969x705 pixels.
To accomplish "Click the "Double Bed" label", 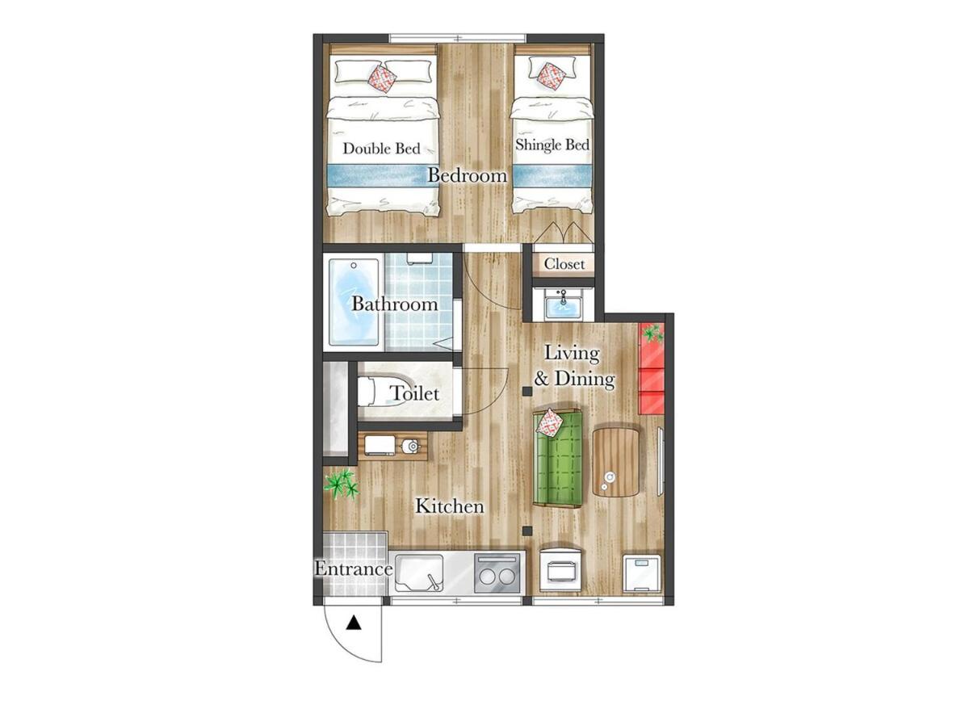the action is (x=381, y=149).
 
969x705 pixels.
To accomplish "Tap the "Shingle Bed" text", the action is (x=552, y=145).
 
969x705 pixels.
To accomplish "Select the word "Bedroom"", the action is (x=468, y=175).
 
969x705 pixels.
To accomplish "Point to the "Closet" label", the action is (x=564, y=263).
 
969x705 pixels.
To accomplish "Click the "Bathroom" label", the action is (x=395, y=304).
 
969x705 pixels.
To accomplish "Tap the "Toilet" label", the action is (x=414, y=393).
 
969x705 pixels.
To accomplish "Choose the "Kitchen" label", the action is (x=450, y=506).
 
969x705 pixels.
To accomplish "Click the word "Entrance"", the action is (x=354, y=569).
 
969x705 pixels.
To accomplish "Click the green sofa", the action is (x=558, y=459).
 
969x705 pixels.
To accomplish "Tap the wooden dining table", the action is (x=615, y=462).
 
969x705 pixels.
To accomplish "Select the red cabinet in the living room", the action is (x=651, y=367).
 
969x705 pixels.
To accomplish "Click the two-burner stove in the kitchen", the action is (x=497, y=573).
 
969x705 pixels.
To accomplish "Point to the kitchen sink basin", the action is (x=420, y=573).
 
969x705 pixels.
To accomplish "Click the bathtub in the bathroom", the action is (x=354, y=302).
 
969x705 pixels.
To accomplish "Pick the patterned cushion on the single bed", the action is (x=550, y=77).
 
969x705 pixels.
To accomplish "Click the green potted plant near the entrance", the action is (x=342, y=485).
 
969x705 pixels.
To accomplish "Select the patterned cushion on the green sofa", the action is (x=550, y=422).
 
